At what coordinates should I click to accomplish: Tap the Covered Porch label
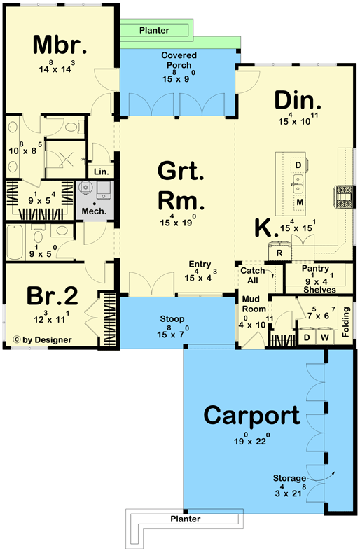click(179, 60)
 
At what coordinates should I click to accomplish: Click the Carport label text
click(251, 415)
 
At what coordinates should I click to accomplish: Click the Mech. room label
click(95, 211)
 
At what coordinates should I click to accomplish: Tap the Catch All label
click(252, 275)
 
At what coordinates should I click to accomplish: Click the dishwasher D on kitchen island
click(298, 165)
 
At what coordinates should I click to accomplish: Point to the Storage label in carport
click(289, 479)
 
